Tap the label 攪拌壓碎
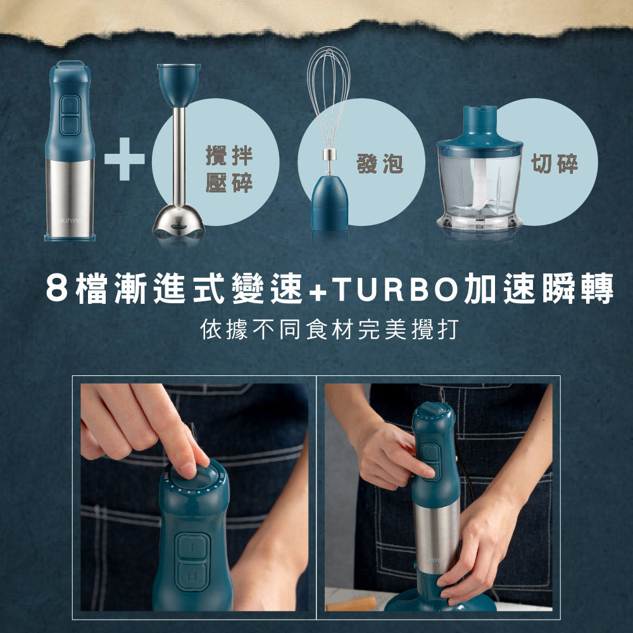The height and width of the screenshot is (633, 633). point(229,168)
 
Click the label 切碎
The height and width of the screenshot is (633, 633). point(555,164)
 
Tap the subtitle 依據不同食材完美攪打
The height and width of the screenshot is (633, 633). point(328,330)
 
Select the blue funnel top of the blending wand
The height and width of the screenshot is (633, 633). point(179,85)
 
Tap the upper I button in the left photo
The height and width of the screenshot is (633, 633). point(189,545)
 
